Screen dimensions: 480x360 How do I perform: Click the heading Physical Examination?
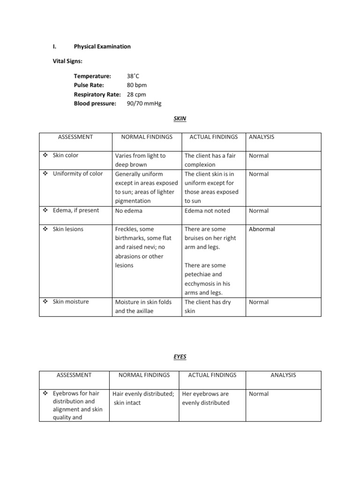[x=102, y=47]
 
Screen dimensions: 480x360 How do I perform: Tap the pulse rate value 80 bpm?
[x=137, y=85]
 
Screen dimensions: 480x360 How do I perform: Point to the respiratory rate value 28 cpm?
[x=136, y=95]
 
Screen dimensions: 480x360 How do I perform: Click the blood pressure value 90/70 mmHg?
[x=144, y=104]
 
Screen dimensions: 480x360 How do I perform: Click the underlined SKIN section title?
[x=180, y=119]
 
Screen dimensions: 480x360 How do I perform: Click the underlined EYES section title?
[x=180, y=357]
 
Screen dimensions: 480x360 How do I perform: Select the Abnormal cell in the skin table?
[x=262, y=229]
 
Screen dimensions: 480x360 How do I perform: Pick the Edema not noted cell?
[x=207, y=211]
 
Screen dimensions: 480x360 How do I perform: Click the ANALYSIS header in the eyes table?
[x=283, y=375]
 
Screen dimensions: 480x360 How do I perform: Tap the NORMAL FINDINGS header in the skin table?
[x=147, y=137]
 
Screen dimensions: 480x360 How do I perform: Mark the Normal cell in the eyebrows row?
[x=259, y=394]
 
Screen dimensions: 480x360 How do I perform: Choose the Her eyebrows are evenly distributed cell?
[x=206, y=398]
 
